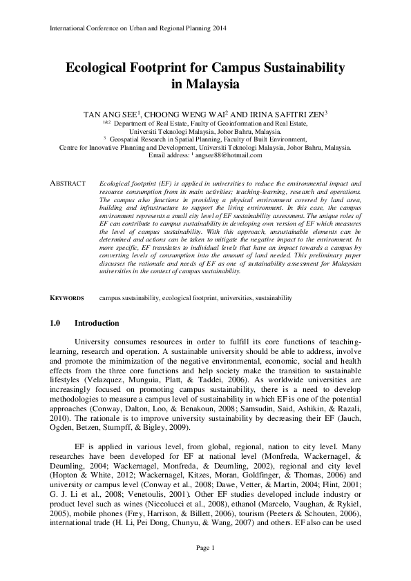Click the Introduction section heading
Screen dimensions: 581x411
(x=97, y=324)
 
